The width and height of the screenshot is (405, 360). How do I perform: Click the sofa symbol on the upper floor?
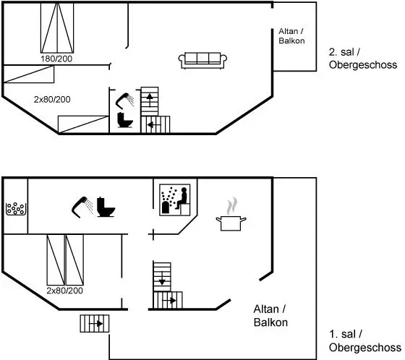202,61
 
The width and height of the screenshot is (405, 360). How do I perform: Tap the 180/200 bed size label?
56,59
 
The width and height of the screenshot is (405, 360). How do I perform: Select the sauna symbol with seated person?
175,200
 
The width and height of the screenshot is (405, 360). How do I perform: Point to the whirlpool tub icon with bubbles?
16,209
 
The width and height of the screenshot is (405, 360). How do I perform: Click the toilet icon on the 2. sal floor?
124,120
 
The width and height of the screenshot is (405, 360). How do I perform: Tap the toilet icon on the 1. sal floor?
106,207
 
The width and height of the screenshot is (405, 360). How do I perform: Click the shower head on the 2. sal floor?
125,100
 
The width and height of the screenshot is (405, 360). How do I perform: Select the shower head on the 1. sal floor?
82,207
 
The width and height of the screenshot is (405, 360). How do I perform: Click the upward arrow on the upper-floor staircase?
150,99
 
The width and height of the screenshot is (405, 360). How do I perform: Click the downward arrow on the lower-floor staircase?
162,279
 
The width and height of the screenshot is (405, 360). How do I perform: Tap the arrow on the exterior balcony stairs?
96,323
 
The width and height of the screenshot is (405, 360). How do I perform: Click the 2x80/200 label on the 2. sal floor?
52,100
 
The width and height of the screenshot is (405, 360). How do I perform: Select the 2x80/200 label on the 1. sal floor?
65,291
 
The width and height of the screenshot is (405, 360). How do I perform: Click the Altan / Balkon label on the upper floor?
291,36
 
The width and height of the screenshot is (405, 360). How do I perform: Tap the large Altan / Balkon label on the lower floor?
270,316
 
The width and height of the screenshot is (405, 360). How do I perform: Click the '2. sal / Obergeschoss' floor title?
363,59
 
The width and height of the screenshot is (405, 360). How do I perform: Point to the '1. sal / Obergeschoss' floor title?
365,340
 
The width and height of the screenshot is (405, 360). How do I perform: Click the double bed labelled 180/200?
57,28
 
